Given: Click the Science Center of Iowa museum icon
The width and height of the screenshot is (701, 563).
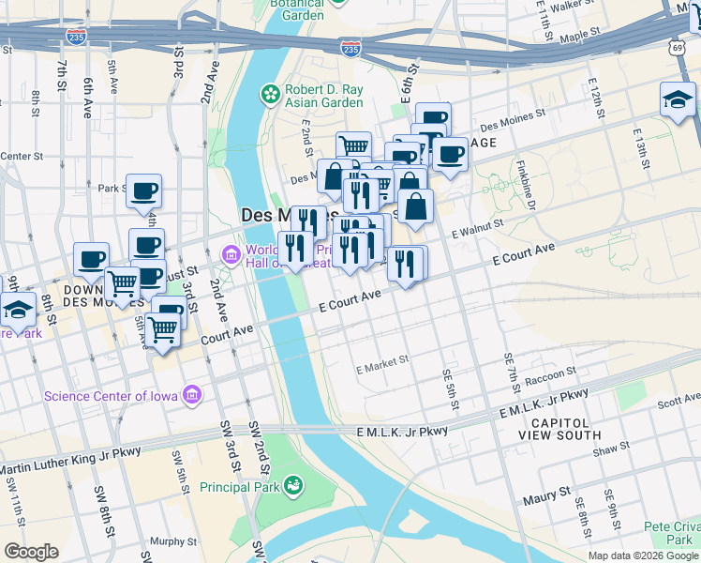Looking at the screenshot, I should pyautogui.click(x=193, y=395).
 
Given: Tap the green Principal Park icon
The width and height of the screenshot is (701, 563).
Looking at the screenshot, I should pyautogui.click(x=294, y=485).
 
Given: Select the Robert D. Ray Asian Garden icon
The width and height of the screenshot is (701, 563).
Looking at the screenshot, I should pyautogui.click(x=270, y=94).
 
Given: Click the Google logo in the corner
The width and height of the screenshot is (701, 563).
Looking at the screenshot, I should pyautogui.click(x=31, y=552).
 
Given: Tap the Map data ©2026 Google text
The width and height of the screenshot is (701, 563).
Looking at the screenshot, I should pyautogui.click(x=643, y=555).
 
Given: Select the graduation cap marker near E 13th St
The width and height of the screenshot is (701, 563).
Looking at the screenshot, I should pyautogui.click(x=677, y=99).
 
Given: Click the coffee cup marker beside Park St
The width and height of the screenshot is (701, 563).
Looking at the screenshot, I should pyautogui.click(x=143, y=191).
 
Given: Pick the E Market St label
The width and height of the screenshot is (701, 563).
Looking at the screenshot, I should pyautogui.click(x=382, y=362).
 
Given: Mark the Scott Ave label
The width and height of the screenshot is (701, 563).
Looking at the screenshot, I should pyautogui.click(x=678, y=401).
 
